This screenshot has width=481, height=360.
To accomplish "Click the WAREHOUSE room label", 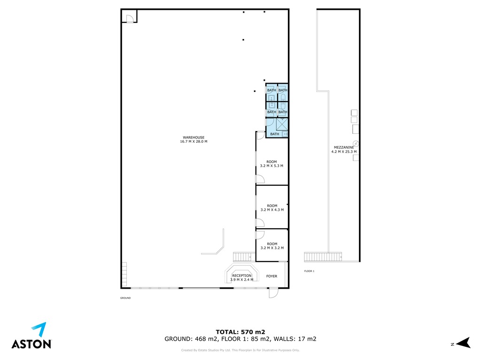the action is click(x=194, y=138).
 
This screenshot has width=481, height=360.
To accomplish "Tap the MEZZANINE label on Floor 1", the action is click(x=344, y=147).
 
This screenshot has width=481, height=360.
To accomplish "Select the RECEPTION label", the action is click(x=242, y=276).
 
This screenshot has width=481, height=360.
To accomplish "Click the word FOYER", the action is click(x=272, y=276).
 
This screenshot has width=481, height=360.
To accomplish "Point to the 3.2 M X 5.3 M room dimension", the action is click(x=272, y=166).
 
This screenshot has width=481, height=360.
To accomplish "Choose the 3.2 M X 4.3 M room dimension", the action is click(x=272, y=210).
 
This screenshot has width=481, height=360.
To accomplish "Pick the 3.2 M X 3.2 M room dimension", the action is click(x=272, y=248).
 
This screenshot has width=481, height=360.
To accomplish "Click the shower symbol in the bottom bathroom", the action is click(x=282, y=124).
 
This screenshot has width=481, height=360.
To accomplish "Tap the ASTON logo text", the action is click(x=31, y=344).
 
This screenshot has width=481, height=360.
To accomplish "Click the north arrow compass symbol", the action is click(x=464, y=343).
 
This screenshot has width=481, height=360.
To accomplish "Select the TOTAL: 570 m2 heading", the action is click(x=240, y=332).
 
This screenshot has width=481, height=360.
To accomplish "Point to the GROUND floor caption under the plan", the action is click(x=125, y=298).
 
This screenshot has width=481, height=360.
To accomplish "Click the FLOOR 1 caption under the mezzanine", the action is click(x=309, y=271).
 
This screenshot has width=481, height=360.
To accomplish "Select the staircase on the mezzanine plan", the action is click(x=323, y=257).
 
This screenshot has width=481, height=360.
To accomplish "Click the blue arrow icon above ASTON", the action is click(x=40, y=329).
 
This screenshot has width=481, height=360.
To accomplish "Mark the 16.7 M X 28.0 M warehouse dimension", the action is click(x=194, y=142).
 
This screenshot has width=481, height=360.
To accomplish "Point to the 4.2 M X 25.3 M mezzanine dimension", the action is click(x=344, y=152).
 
